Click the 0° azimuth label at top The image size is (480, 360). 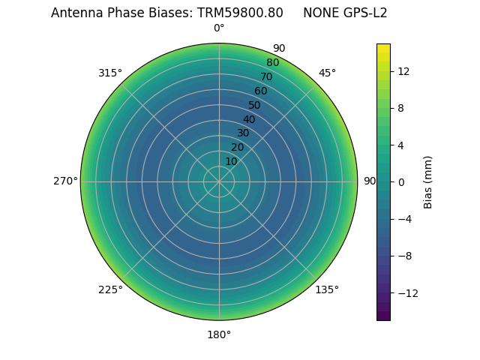tap(219, 28)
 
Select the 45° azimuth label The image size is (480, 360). tap(327, 73)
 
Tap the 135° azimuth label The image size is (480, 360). tap(327, 289)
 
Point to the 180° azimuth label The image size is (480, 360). tap(219, 334)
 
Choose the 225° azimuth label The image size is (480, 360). tap(110, 289)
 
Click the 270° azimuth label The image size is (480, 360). tap(65, 181)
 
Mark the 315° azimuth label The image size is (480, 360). tap(110, 73)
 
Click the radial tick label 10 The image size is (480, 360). tap(231, 161)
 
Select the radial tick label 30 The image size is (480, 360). tap(243, 133)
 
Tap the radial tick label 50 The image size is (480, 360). tap(255, 105)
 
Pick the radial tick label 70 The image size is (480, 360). tap(267, 76)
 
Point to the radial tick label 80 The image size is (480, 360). tap(273, 62)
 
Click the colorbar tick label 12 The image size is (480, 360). tap(403, 71)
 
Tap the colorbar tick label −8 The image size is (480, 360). tap(403, 256)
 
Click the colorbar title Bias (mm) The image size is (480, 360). tap(428, 181)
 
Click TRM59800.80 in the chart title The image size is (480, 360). tap(240, 13)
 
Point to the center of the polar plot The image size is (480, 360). tap(219, 181)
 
